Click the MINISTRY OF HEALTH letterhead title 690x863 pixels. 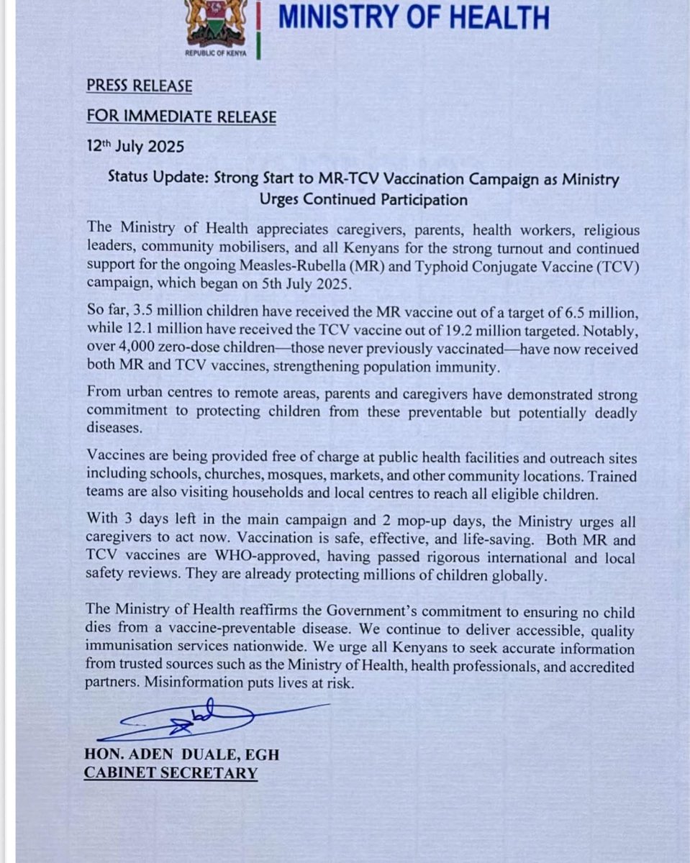pyautogui.click(x=414, y=17)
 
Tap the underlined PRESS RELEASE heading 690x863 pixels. pyautogui.click(x=140, y=86)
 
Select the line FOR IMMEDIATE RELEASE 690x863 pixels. pyautogui.click(x=181, y=117)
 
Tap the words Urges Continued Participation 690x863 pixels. pyautogui.click(x=365, y=199)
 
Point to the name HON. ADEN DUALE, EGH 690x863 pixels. pyautogui.click(x=181, y=754)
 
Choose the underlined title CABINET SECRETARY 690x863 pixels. pyautogui.click(x=171, y=773)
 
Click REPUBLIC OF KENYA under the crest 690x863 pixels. pyautogui.click(x=215, y=53)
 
